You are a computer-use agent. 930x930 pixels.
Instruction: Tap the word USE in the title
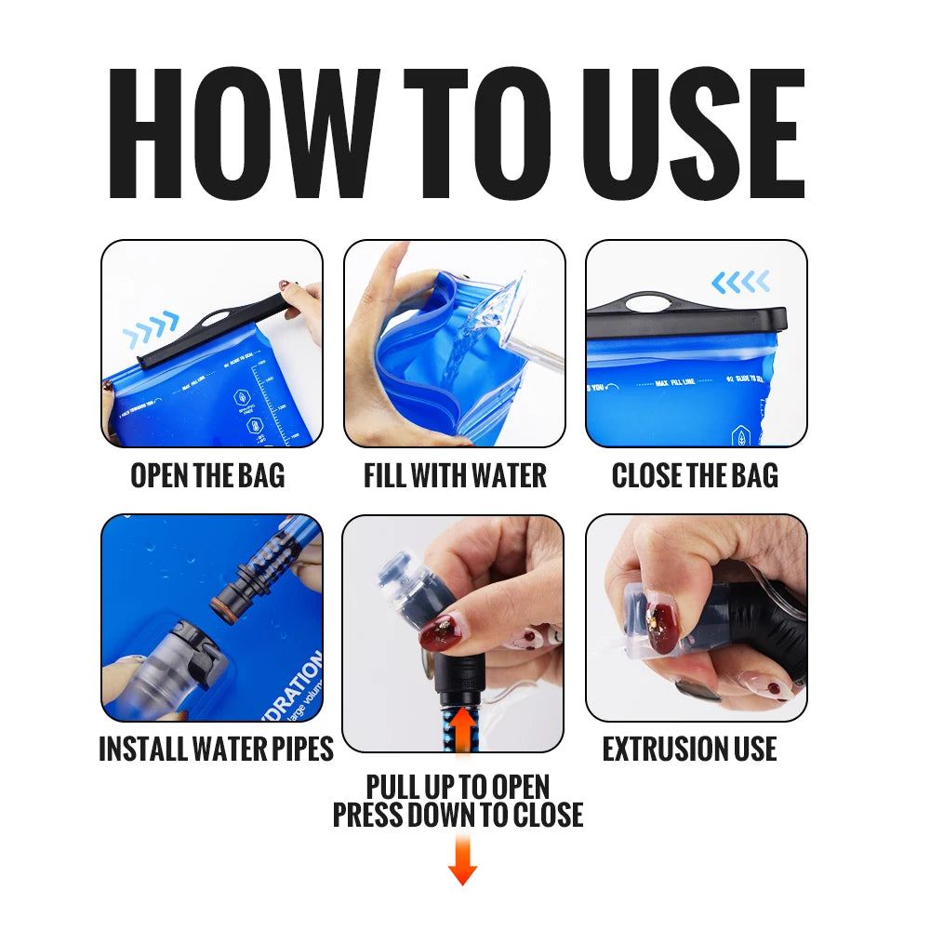point(689,132)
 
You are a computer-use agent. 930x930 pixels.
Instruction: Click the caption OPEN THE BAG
point(207,475)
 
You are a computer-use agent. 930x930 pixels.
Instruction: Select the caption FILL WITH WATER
point(455,475)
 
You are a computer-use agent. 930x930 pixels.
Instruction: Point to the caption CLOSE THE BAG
point(695,475)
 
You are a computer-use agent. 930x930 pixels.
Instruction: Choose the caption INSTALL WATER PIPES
point(216,749)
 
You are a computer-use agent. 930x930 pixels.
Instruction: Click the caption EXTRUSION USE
point(689,749)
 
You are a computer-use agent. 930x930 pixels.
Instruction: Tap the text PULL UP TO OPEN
point(458,787)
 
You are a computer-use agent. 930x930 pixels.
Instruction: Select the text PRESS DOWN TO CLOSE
point(458,815)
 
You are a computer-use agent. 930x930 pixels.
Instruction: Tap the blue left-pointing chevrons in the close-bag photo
point(740,281)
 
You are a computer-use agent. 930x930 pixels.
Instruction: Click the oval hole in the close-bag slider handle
point(646,301)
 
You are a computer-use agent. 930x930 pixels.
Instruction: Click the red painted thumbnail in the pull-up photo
point(445,632)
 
